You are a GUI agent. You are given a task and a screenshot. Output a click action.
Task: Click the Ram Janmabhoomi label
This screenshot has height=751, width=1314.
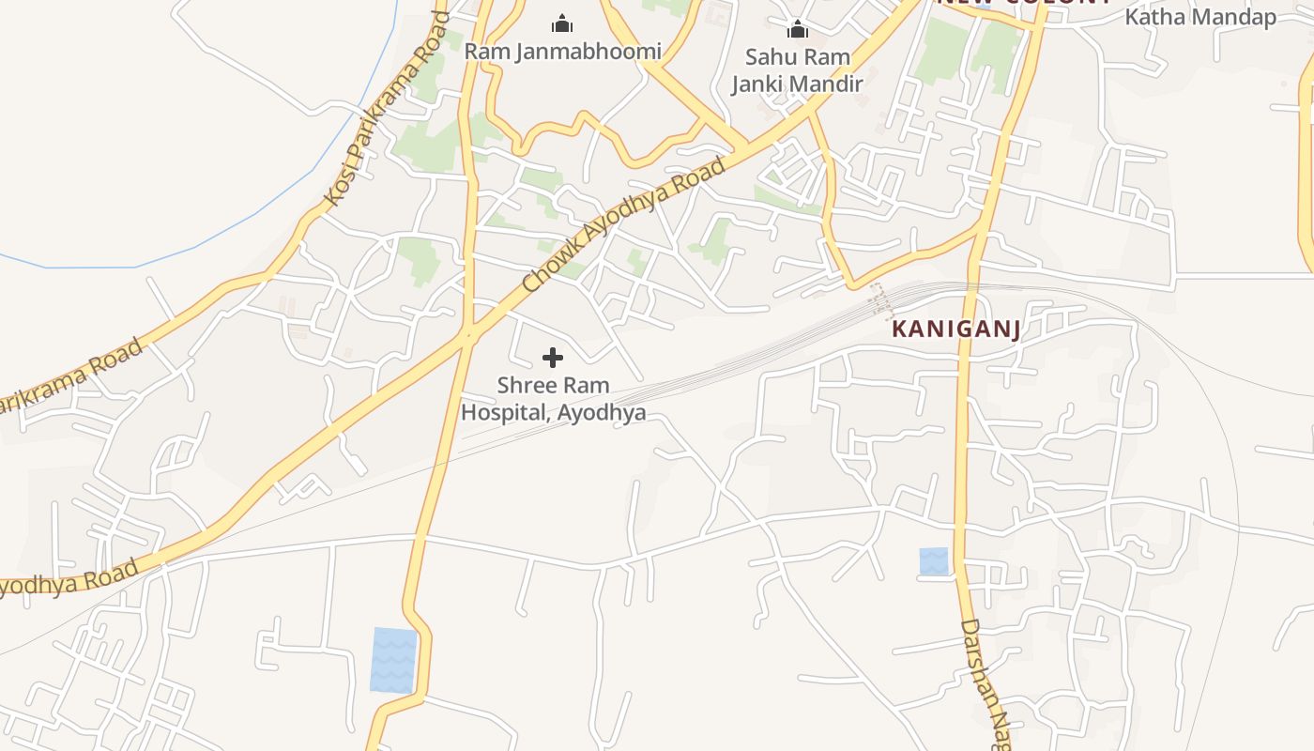click(x=563, y=51)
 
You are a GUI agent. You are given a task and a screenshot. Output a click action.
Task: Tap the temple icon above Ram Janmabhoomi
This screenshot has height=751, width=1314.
click(x=562, y=23)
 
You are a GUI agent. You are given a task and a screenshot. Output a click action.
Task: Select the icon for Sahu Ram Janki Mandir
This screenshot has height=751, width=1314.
click(x=798, y=29)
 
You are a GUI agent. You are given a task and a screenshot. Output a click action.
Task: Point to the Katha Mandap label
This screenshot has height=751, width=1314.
click(x=1200, y=17)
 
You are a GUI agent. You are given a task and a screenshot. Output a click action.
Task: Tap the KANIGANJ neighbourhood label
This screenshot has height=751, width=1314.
click(x=955, y=329)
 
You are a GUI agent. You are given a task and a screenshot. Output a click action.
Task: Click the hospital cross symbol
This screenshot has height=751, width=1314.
click(x=553, y=358)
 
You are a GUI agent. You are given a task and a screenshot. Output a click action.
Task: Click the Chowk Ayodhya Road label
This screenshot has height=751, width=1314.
click(x=624, y=225)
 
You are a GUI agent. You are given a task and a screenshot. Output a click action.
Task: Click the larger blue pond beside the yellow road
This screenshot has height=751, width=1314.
click(x=394, y=660)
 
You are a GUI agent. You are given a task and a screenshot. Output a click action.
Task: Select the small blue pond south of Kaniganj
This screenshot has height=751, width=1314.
click(x=934, y=561)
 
